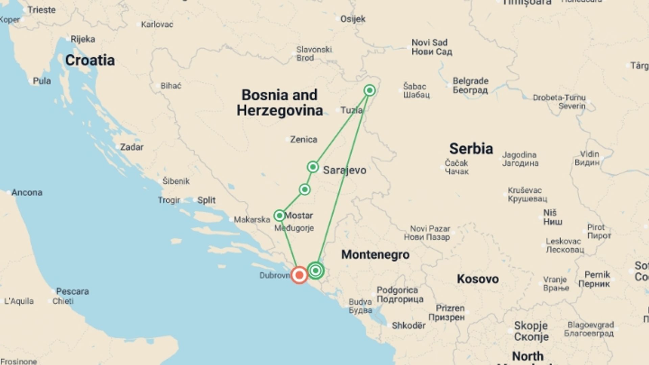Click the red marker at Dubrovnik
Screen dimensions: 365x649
click(299, 275)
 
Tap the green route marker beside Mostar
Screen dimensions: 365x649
click(280, 215)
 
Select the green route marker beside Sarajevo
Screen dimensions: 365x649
click(313, 167)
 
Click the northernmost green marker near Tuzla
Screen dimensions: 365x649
click(369, 90)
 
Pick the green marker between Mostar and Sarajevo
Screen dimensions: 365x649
click(305, 189)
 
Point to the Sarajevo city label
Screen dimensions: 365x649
click(344, 170)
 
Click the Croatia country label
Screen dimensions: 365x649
click(90, 60)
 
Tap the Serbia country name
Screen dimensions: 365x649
click(471, 149)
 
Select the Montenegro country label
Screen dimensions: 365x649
click(375, 254)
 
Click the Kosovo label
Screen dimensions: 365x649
click(478, 279)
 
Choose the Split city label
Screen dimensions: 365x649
click(206, 200)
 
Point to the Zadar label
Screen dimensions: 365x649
click(131, 147)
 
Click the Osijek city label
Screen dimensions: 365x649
click(353, 19)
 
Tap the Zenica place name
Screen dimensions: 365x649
click(304, 139)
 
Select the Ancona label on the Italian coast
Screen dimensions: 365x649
click(27, 192)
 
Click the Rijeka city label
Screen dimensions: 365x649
click(83, 39)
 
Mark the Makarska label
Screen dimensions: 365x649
click(252, 220)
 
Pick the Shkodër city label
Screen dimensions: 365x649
click(409, 326)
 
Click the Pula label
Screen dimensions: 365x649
click(42, 81)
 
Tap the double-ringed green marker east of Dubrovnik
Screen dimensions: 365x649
click(316, 270)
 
